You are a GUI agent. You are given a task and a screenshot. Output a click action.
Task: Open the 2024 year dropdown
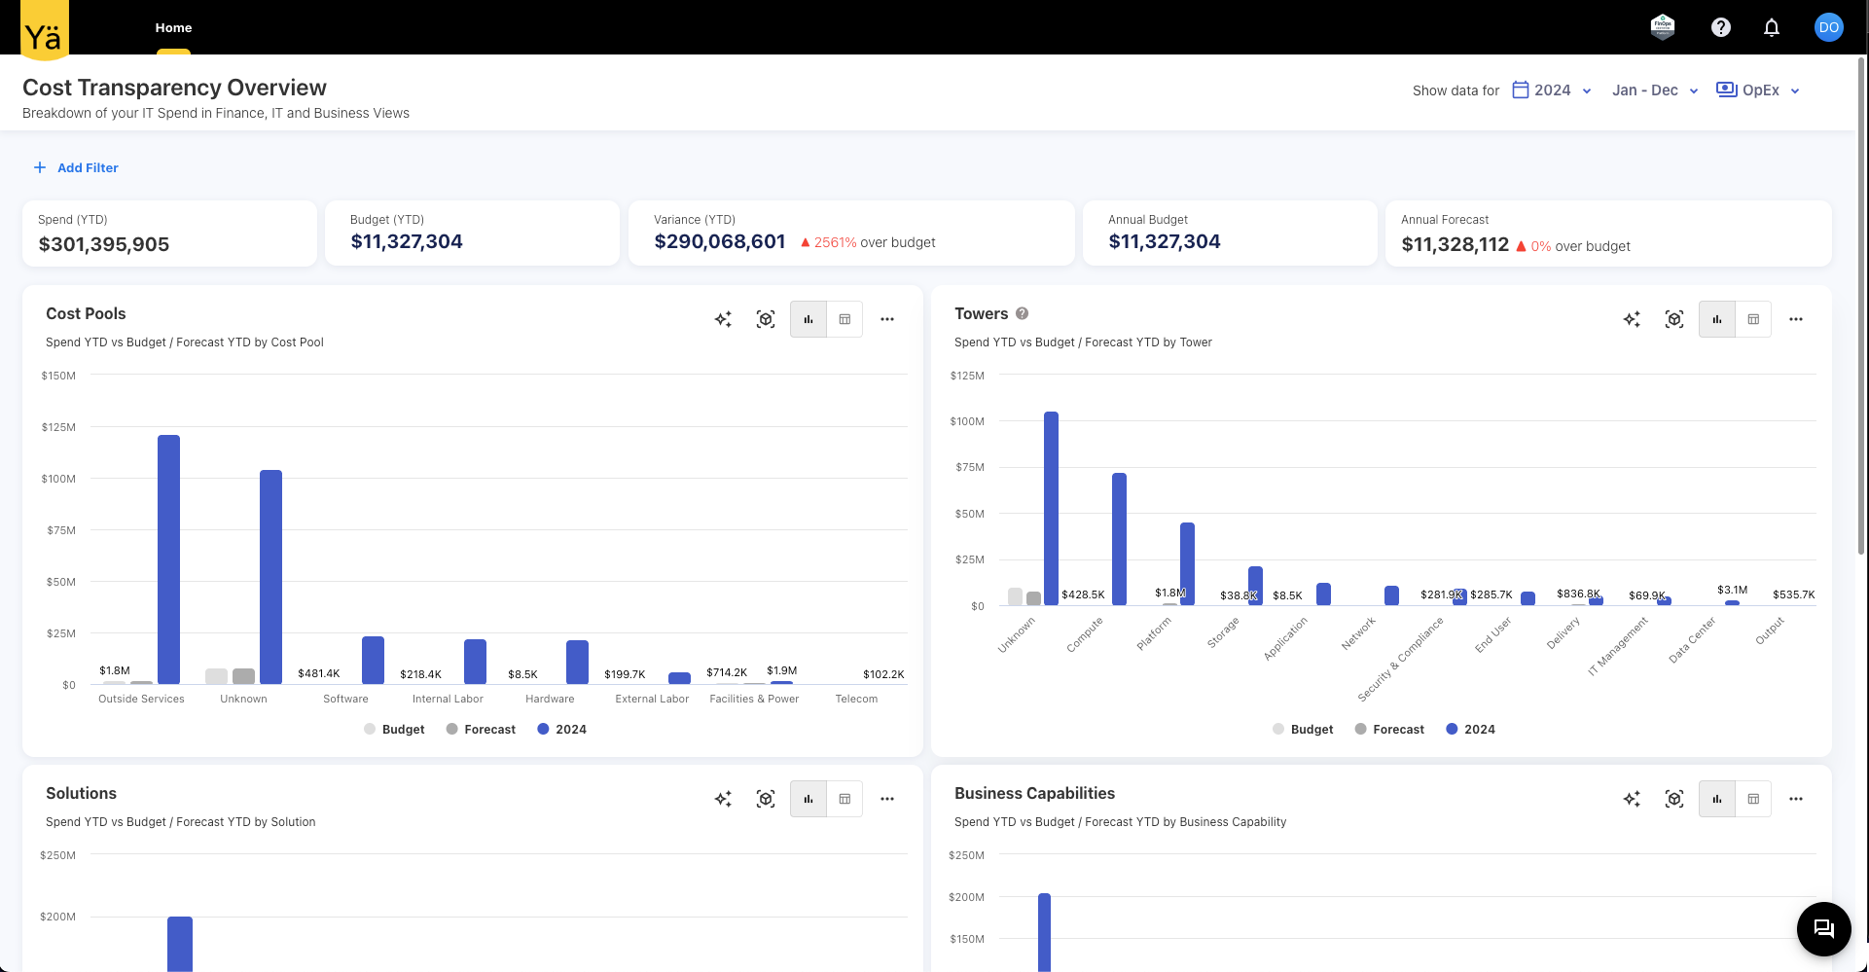(x=1552, y=90)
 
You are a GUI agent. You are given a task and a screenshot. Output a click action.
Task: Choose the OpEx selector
(x=1758, y=90)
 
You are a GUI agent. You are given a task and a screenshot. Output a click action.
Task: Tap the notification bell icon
(x=1771, y=27)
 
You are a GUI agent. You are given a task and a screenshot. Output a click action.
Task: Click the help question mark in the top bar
(x=1720, y=27)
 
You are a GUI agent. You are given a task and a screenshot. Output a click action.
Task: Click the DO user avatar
(x=1828, y=27)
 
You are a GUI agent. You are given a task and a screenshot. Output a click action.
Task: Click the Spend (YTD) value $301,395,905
(x=104, y=244)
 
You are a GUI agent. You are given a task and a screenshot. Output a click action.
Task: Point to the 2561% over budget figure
(x=835, y=242)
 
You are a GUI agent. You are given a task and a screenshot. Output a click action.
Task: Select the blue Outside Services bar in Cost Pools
(x=168, y=558)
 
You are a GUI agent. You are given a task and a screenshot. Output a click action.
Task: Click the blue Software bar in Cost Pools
(x=373, y=660)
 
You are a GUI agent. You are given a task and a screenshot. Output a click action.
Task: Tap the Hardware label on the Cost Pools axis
(x=550, y=699)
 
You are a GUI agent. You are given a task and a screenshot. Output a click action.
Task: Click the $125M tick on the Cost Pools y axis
(x=58, y=427)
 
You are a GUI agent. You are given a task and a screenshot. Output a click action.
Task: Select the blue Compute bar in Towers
(x=1119, y=539)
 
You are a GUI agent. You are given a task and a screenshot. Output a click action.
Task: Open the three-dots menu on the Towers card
(x=1795, y=319)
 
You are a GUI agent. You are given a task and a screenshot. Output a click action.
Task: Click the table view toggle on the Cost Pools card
(x=845, y=319)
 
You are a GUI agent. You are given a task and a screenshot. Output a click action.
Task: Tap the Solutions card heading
(x=81, y=793)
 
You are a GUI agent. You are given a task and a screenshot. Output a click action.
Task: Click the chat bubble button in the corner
(x=1822, y=928)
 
